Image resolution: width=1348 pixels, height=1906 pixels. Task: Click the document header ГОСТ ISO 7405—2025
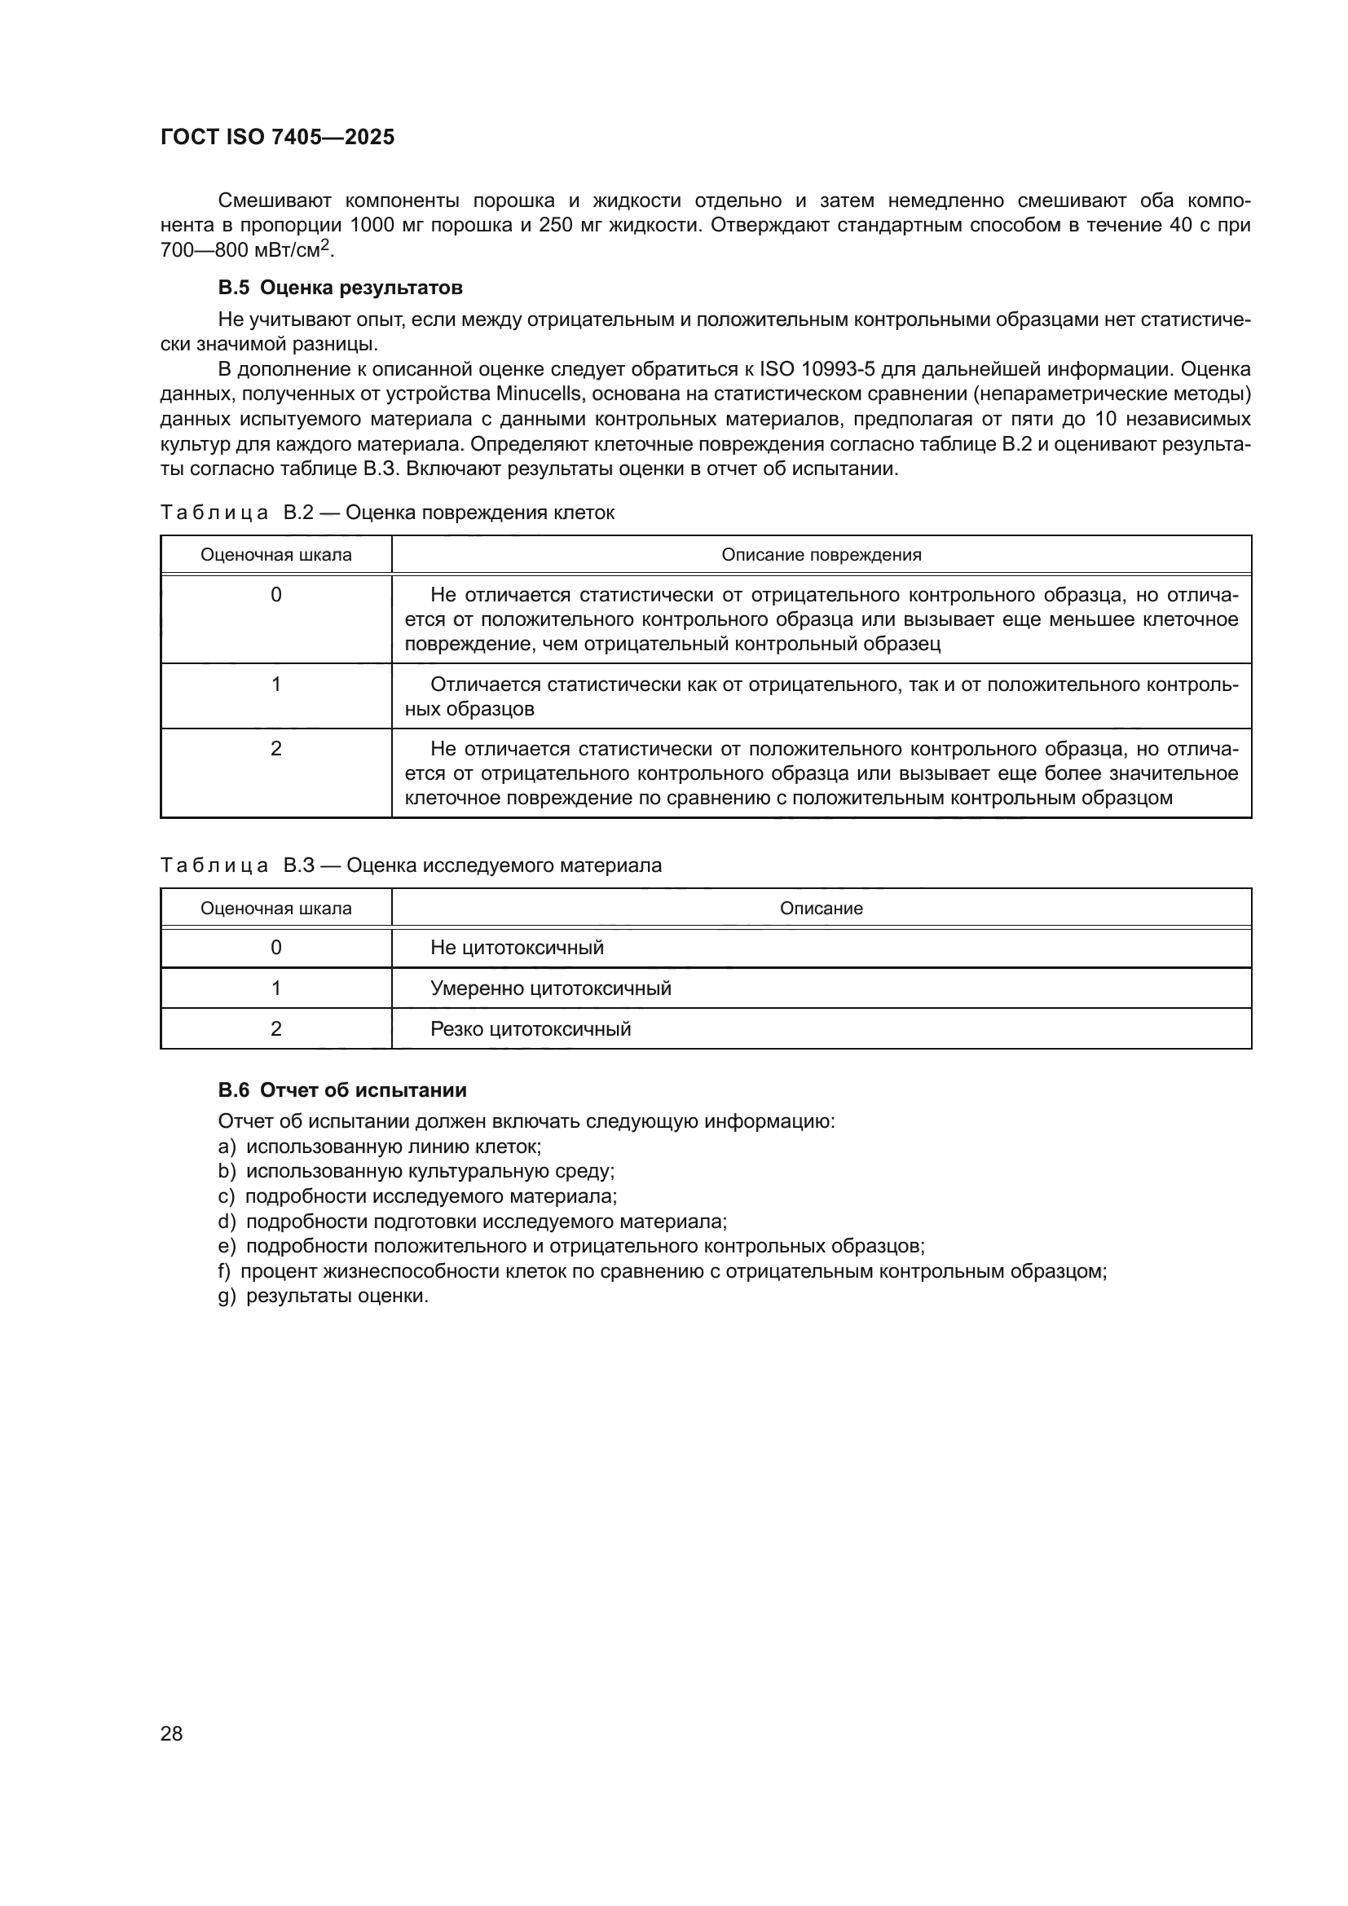click(277, 138)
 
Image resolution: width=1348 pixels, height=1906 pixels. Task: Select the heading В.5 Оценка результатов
click(341, 288)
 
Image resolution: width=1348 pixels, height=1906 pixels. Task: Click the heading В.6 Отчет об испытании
click(342, 1090)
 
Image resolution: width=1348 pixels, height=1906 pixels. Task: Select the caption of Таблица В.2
click(388, 513)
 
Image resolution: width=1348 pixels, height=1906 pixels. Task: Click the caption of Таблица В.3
click(411, 866)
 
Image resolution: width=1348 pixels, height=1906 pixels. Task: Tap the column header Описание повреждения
click(821, 555)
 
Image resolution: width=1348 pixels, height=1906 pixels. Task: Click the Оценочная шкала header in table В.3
click(275, 908)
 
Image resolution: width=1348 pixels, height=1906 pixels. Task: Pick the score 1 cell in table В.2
click(275, 684)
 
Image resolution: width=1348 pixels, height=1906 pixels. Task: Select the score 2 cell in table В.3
click(275, 1028)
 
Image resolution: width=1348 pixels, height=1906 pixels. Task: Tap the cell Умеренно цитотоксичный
click(550, 988)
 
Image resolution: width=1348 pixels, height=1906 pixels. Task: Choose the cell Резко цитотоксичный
click(531, 1029)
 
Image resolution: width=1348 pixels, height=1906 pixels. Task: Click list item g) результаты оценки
click(324, 1296)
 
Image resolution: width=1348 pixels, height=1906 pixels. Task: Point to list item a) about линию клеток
click(379, 1147)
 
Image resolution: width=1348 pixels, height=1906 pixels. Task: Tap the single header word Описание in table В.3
click(821, 908)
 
